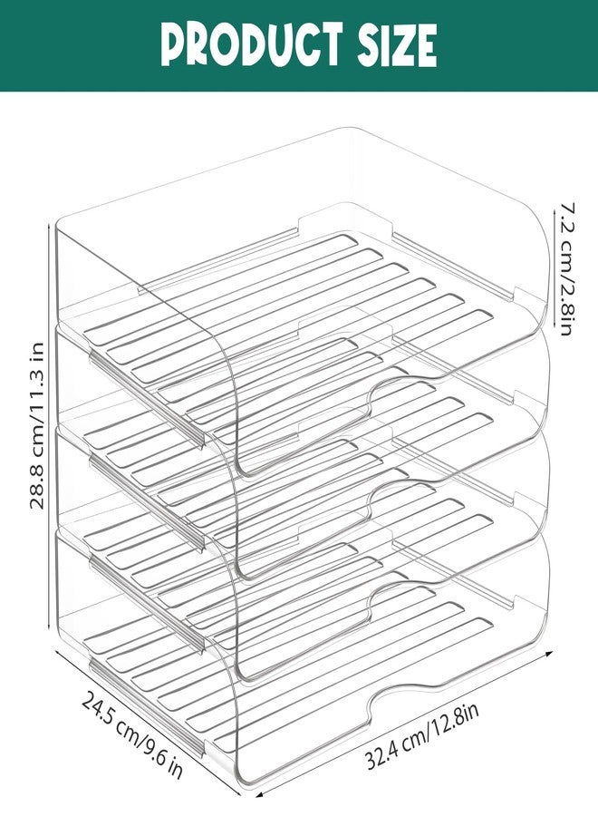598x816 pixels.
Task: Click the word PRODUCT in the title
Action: [x=252, y=44]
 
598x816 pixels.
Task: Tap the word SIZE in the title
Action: [x=396, y=45]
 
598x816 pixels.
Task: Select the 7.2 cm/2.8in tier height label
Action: [x=565, y=268]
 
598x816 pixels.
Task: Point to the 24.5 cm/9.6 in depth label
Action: [x=132, y=734]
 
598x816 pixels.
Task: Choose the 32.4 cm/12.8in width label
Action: [x=421, y=734]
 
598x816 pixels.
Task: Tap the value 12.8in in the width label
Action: [x=456, y=719]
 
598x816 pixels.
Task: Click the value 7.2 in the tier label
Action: [x=565, y=214]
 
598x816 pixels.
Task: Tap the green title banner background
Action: [x=299, y=46]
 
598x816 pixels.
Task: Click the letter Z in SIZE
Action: [x=399, y=46]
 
